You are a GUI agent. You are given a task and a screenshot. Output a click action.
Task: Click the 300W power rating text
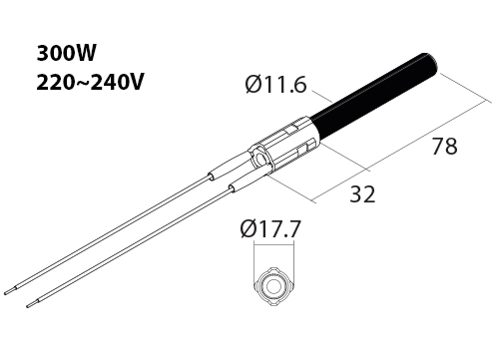[x=66, y=53]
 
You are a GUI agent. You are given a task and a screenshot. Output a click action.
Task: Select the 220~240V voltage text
[x=90, y=82]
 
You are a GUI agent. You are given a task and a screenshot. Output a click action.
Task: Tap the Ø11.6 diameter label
[x=275, y=85]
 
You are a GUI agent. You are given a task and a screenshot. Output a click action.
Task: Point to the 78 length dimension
[x=445, y=146]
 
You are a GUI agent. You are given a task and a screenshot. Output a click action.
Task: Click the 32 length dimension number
[x=362, y=194]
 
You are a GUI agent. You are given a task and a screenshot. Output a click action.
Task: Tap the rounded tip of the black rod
[x=432, y=61]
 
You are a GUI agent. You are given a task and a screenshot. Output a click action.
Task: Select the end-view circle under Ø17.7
[x=273, y=286]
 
